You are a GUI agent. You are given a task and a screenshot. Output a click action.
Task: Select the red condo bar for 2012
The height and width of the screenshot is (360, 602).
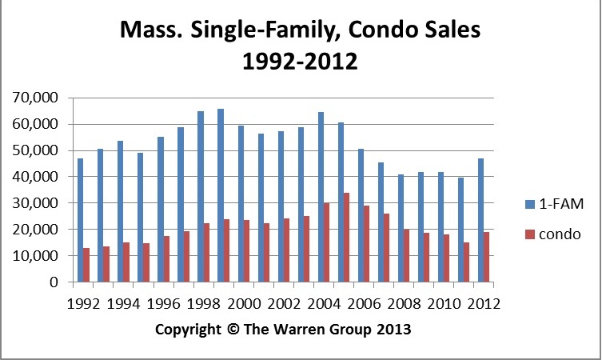[x=486, y=257]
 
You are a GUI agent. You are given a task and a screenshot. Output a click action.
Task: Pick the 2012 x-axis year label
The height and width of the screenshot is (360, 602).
[x=484, y=303]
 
